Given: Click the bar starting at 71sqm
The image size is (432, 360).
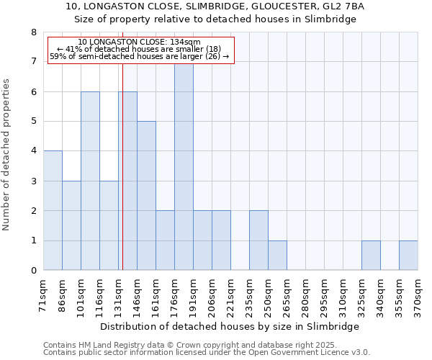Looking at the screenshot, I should pos(53,210).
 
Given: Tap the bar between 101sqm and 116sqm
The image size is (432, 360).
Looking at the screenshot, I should pos(90,181).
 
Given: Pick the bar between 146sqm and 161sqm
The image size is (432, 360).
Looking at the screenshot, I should pos(146,196).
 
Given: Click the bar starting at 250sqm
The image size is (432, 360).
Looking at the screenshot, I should pos(277,256).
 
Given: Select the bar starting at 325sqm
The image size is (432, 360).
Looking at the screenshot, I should pos(371,256).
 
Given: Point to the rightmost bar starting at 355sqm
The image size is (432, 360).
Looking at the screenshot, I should pos(408,256).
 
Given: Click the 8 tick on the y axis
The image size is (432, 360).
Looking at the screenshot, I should pos(33,32).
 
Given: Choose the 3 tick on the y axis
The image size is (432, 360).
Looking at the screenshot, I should pos(33,181).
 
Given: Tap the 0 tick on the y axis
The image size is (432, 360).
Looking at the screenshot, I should pos(33,271).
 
